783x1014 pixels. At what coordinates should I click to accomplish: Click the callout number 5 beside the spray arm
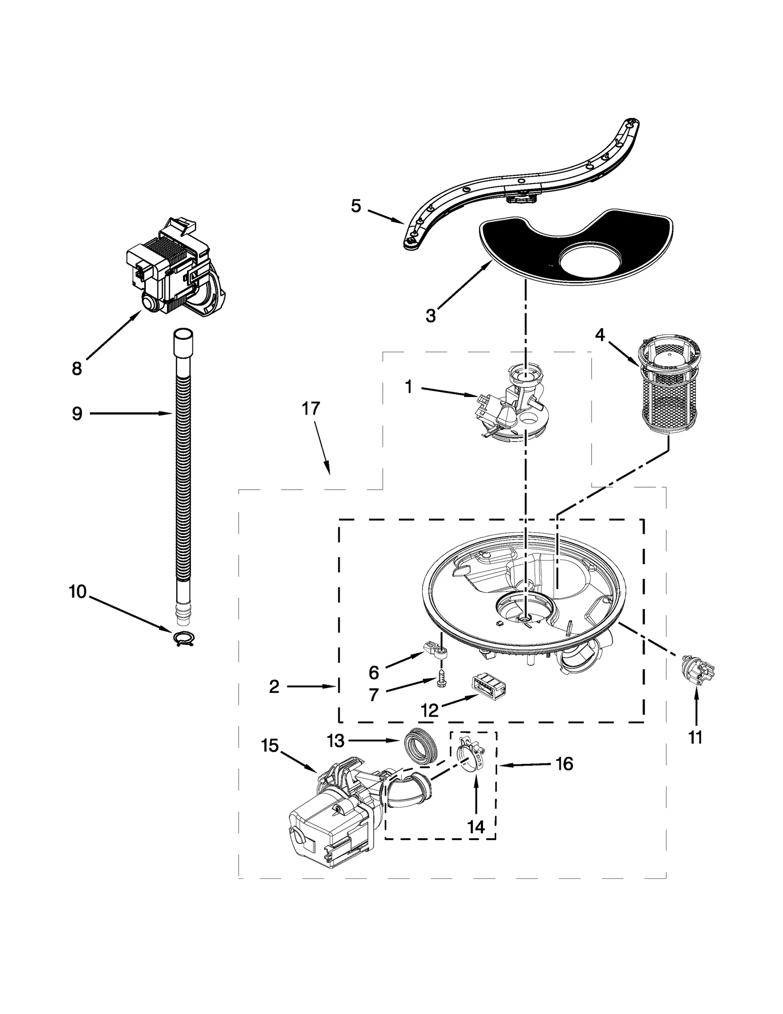point(356,206)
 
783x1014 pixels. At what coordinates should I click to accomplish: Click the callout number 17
point(310,408)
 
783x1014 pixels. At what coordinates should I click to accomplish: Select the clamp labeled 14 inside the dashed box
point(470,758)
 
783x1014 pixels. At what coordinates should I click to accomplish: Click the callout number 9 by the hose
point(77,414)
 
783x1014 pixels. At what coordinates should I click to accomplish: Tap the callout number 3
point(430,316)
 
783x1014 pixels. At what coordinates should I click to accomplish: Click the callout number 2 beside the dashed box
point(274,687)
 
